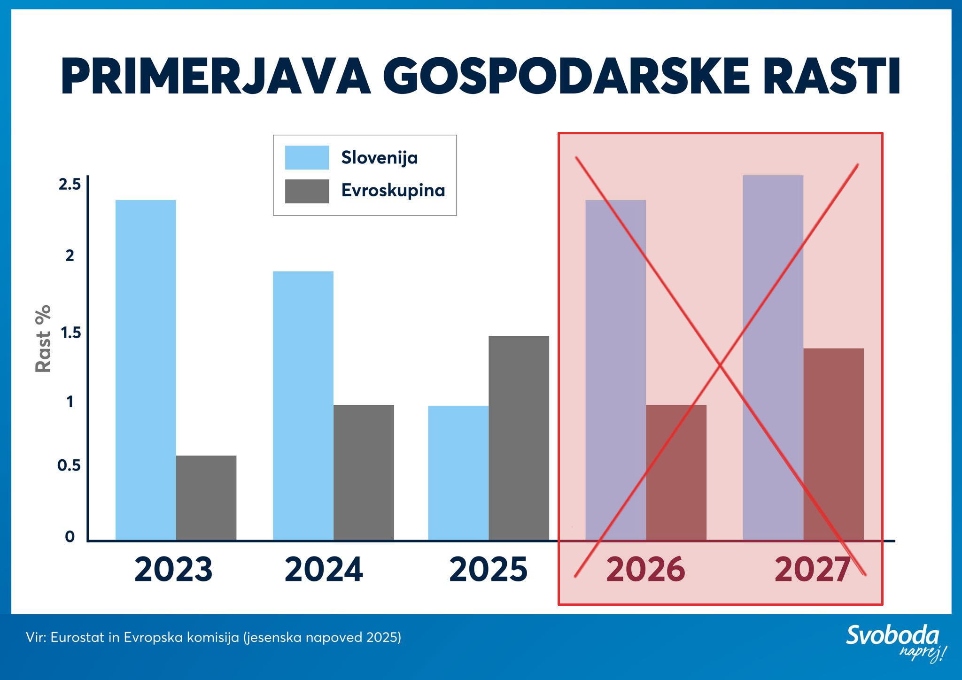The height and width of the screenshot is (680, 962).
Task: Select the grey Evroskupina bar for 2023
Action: tap(206, 498)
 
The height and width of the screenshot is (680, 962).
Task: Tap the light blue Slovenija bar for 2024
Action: tap(303, 406)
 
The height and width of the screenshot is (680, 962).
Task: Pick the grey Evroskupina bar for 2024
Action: tap(364, 472)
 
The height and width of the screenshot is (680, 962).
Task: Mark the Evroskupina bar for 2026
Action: tap(676, 472)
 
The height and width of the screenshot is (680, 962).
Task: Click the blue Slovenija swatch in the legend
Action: tap(307, 157)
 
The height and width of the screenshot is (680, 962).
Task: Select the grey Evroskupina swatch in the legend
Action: tap(307, 191)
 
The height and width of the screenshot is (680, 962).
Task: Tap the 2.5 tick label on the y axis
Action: tap(70, 185)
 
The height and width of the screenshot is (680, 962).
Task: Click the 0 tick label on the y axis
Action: tap(70, 536)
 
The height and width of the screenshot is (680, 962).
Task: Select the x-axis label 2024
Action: tap(324, 570)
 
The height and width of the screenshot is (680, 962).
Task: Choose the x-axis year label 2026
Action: tap(645, 570)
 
